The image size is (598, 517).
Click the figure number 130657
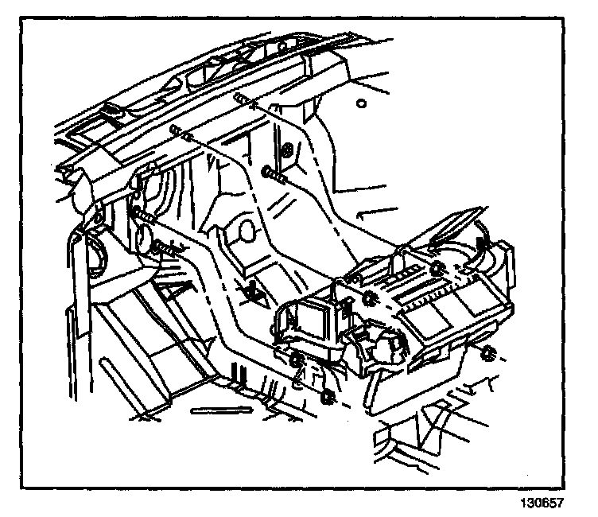pos(548,503)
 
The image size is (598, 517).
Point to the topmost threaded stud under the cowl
pos(243,100)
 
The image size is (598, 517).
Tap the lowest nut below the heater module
pos(328,395)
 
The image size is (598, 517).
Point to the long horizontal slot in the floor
pos(219,412)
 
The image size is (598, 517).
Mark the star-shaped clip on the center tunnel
pos(254,291)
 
